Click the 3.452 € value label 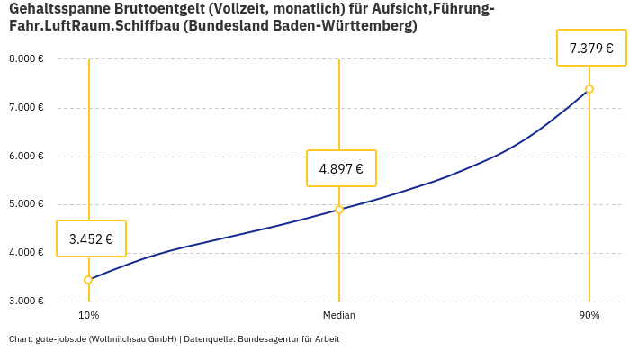click(91, 238)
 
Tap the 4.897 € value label click(341, 168)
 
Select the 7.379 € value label click(591, 48)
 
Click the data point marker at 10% click(88, 280)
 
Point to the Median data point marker click(339, 210)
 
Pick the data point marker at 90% click(589, 89)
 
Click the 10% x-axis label click(88, 316)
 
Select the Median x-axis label click(339, 316)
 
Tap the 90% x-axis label click(589, 316)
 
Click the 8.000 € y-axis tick click(26, 59)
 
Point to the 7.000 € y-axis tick click(26, 108)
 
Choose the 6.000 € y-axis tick click(26, 156)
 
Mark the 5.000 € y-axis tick click(26, 204)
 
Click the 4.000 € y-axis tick click(26, 253)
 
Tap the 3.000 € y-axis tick click(26, 301)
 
